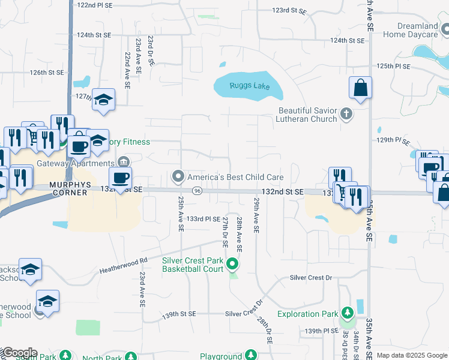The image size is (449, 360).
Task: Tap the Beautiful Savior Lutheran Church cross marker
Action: (x=346, y=113)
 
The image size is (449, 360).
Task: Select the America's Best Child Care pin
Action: (x=178, y=177)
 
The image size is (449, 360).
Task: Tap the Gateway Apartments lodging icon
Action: (x=124, y=161)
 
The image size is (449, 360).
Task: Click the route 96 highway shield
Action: (x=197, y=190)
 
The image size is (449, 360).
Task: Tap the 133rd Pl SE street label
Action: (x=203, y=219)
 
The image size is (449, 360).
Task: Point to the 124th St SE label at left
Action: (x=95, y=35)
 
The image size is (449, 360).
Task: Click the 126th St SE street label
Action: (x=47, y=73)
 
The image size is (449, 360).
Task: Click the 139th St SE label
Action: (x=179, y=314)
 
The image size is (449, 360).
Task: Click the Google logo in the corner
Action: (x=19, y=353)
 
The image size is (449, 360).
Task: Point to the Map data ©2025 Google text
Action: (x=412, y=356)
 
